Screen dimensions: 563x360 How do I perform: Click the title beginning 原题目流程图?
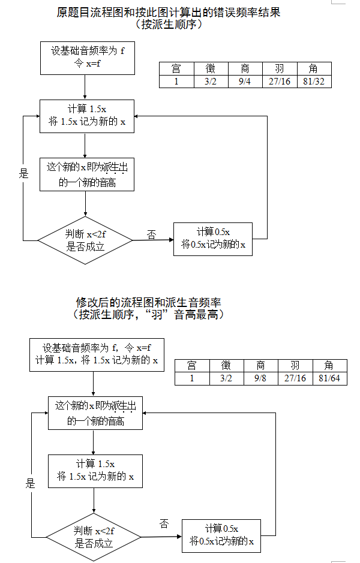tap(169, 12)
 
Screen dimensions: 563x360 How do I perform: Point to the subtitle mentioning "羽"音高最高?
tap(148, 314)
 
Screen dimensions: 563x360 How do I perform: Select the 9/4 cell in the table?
tap(245, 81)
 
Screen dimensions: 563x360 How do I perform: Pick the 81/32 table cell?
tap(314, 81)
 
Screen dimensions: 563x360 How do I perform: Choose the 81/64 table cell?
tap(329, 378)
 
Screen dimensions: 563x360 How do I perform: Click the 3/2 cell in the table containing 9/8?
tap(227, 378)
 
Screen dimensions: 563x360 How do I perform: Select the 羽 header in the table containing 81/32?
tap(280, 68)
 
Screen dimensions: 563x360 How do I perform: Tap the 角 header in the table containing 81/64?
tap(329, 365)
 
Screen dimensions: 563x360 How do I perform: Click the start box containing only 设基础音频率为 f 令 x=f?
tap(87, 58)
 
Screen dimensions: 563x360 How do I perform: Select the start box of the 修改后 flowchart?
tap(96, 354)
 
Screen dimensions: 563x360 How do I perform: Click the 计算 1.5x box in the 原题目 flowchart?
tap(87, 115)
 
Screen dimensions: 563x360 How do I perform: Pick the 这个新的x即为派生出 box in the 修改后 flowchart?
tap(95, 413)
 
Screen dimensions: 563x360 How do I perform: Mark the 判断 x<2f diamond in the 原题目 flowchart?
tap(85, 240)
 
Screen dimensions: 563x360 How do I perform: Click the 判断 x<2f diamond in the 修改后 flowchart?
tap(94, 537)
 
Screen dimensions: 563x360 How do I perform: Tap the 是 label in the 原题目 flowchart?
tap(23, 174)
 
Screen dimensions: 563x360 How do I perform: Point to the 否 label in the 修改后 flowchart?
tap(164, 524)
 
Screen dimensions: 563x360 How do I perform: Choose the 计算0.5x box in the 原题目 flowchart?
tap(213, 239)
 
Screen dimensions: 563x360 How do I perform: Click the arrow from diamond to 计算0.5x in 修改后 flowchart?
tap(161, 535)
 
